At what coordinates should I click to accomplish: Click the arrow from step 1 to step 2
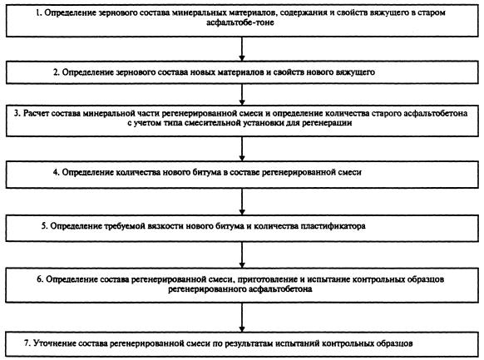242,49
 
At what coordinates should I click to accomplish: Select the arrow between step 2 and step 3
242,94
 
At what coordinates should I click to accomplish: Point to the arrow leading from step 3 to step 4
242,148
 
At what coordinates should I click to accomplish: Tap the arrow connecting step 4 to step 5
242,201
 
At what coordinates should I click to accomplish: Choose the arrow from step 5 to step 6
242,254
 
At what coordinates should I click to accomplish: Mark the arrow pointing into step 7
242,317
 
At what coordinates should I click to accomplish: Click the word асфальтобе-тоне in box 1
240,22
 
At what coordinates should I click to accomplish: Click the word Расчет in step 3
36,113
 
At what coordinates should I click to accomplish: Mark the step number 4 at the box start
56,172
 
